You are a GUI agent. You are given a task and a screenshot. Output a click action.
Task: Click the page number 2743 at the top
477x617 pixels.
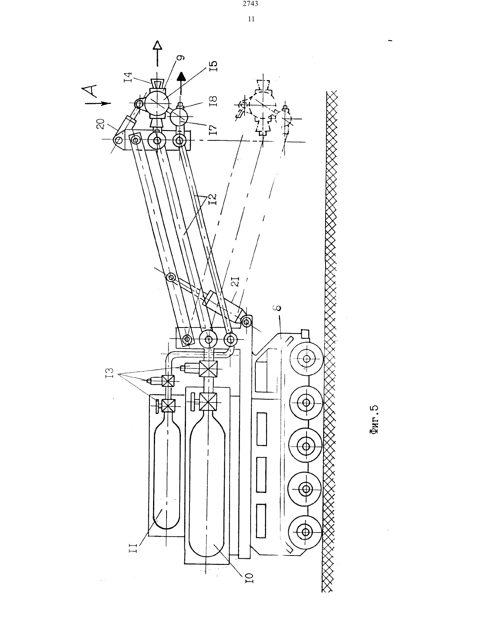pos(251,4)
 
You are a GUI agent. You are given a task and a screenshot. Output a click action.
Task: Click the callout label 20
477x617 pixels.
pos(100,124)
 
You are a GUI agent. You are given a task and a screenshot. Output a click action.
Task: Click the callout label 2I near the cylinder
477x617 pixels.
pos(236,282)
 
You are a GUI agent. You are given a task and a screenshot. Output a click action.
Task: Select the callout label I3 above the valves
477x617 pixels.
pos(109,372)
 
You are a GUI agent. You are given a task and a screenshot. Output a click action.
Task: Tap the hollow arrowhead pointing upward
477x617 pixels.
pos(157,46)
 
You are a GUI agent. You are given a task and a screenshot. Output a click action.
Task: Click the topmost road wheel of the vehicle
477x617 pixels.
pos(307,359)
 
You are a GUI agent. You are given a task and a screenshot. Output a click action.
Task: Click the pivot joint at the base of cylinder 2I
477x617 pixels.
pos(246,322)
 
